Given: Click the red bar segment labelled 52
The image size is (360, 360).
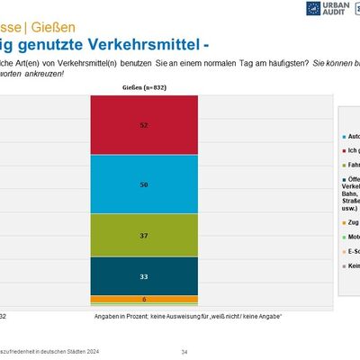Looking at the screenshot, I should point(144,125).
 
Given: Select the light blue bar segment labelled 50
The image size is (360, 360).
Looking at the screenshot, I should point(144,184).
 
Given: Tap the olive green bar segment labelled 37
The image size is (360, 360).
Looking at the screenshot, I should point(144,235).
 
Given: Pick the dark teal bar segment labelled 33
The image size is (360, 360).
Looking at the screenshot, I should point(144,274).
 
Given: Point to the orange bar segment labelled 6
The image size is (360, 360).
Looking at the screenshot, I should point(144,299).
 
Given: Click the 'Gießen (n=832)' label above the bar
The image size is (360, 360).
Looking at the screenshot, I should point(143,88).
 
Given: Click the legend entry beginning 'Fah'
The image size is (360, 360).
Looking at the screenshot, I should point(350,166).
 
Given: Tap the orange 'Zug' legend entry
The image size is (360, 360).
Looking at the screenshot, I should point(350,221).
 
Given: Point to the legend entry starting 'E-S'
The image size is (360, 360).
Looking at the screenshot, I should point(350,251).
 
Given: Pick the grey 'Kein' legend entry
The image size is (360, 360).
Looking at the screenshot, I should point(350,265).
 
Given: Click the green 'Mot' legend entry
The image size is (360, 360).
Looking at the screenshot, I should point(350,237).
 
